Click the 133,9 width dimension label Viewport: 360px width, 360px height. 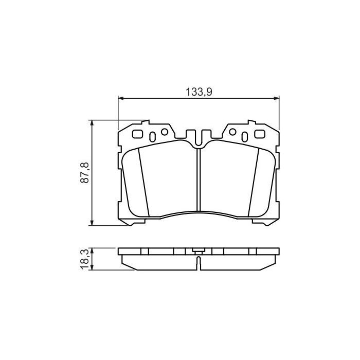point(199,92)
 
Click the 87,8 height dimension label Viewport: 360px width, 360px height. point(85,173)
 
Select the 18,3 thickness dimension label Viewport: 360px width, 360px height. point(85,259)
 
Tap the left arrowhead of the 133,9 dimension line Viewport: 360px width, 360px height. point(121,98)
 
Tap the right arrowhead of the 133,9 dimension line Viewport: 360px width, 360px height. point(276,98)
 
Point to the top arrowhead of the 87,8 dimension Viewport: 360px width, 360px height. point(92,123)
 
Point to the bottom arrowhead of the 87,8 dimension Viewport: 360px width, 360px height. point(92,223)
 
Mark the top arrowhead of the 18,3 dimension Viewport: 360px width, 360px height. point(92,251)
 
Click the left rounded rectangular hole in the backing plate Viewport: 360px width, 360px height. point(137,134)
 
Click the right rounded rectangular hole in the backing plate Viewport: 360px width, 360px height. point(260,134)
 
